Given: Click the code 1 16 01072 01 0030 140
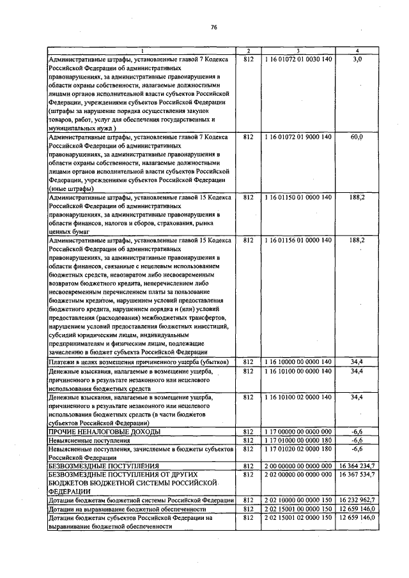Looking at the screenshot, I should [298, 58].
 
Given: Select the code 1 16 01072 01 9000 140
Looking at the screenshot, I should [298, 137].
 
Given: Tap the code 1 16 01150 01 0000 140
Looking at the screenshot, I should [298, 197].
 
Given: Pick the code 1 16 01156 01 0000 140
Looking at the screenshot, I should [298, 240].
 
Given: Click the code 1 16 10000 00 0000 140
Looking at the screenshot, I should [298, 361].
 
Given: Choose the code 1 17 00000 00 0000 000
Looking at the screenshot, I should [298, 431].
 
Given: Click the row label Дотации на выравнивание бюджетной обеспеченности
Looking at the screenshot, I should [127, 510].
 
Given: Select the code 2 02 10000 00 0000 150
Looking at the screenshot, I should [298, 501].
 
